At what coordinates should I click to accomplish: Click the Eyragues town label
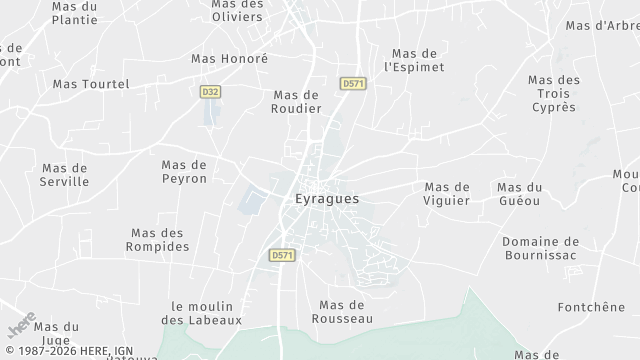[327, 198]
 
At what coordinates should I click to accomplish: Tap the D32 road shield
[210, 91]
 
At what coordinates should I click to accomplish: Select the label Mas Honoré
[230, 59]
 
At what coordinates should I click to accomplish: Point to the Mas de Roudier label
[297, 101]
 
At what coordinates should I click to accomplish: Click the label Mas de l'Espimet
[417, 60]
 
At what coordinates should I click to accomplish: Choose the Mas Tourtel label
[91, 84]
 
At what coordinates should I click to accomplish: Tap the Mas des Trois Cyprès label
[553, 93]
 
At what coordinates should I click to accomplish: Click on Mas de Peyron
[184, 171]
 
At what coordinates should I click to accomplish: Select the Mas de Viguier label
[447, 193]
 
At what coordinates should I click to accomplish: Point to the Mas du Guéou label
[519, 193]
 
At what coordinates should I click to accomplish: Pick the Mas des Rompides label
[159, 239]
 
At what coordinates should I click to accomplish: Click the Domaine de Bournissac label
[541, 248]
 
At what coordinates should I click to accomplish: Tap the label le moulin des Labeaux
[201, 313]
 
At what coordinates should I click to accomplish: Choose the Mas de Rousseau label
[345, 311]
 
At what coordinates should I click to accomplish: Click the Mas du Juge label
[56, 333]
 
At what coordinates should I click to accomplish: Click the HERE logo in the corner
[22, 326]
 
